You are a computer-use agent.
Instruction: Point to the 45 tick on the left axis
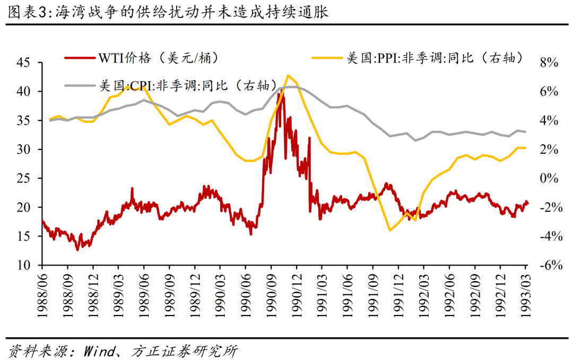[24, 63]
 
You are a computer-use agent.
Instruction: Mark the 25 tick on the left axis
[24, 178]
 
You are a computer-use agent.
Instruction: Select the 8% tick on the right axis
[549, 63]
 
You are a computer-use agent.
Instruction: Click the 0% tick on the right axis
[549, 178]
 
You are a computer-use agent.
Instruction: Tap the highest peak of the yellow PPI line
[288, 75]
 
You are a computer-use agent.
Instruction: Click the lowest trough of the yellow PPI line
[390, 230]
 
